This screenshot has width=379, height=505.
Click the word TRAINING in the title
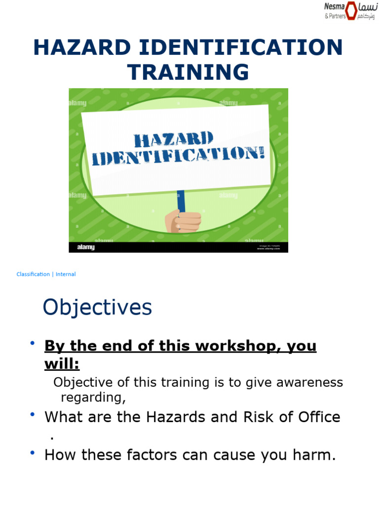(x=189, y=72)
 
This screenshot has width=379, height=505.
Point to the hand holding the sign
(x=183, y=220)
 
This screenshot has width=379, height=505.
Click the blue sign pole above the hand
(x=181, y=200)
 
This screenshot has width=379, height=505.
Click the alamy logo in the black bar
(x=85, y=247)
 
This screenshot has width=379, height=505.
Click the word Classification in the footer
(x=33, y=274)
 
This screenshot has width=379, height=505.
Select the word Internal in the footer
(x=66, y=274)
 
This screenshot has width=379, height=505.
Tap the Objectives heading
(x=97, y=308)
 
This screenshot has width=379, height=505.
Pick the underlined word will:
(x=62, y=364)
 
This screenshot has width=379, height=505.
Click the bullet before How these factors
(x=33, y=453)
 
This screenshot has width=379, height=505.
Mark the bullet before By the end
(x=33, y=343)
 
